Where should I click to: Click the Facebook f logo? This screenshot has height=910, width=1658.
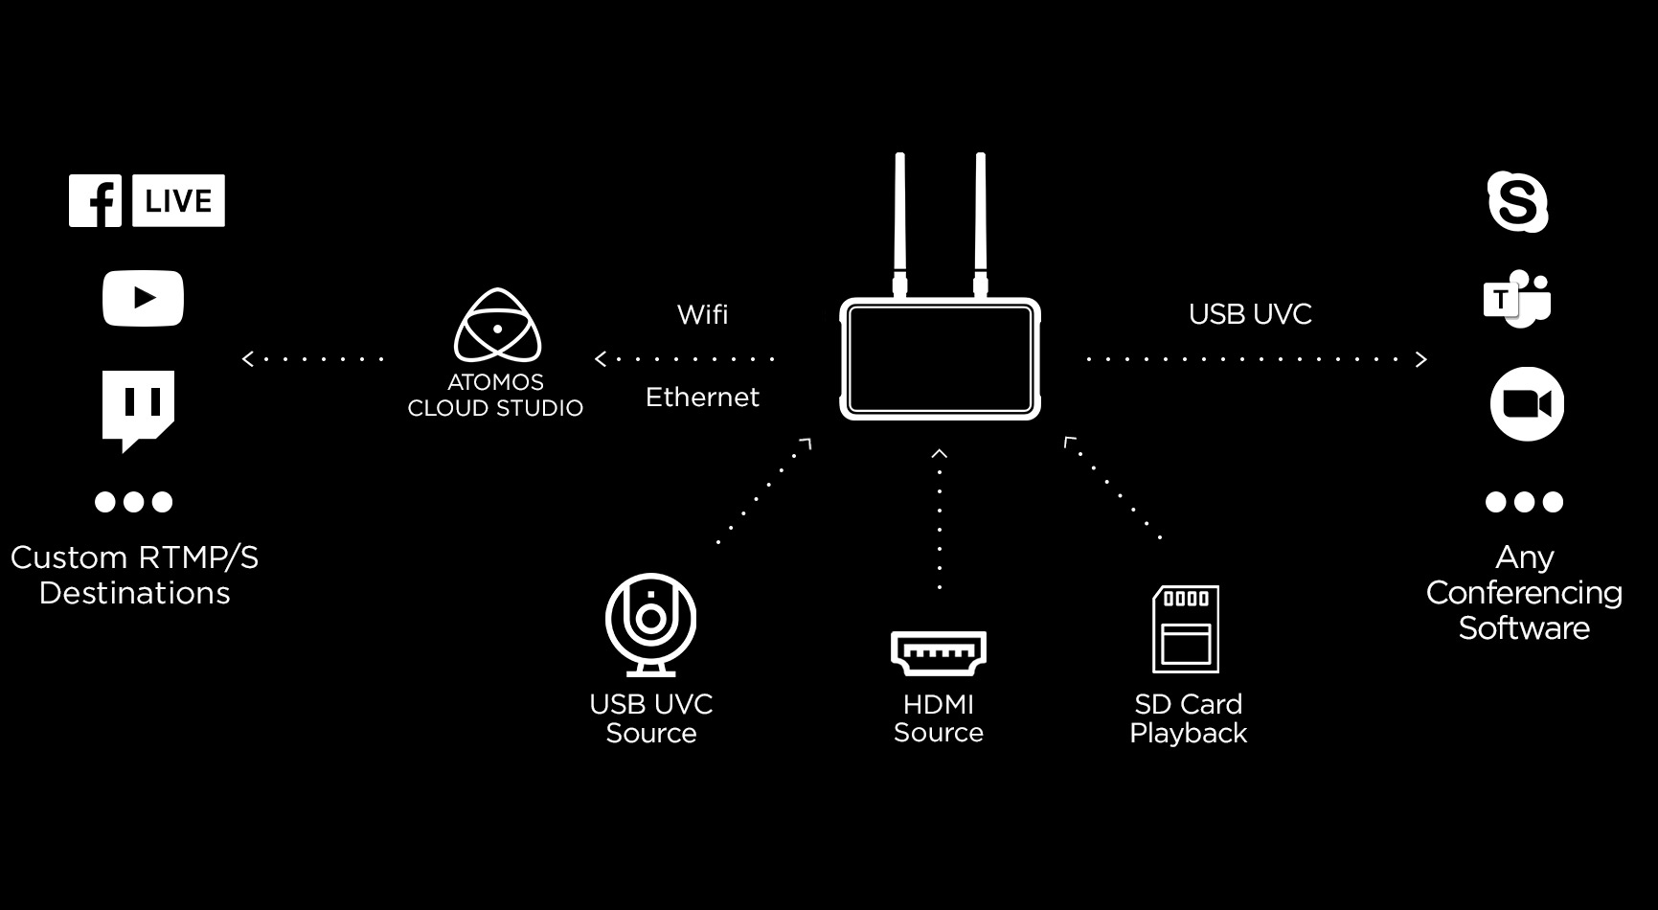tap(95, 200)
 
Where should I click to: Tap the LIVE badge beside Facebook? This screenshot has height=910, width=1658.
tap(178, 200)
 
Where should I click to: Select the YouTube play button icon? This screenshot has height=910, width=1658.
tap(143, 298)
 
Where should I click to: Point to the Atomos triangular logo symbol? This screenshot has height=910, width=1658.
tap(496, 327)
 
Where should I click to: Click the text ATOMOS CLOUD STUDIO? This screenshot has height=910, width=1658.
tap(495, 395)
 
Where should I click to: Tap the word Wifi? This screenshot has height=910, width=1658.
tap(702, 314)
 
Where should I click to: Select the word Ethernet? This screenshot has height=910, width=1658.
tap(702, 397)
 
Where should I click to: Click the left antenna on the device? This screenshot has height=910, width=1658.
tap(900, 220)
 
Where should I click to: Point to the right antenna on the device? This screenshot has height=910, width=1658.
tap(981, 220)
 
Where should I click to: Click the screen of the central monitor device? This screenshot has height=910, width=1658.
tap(940, 359)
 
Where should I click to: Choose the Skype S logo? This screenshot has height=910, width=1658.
tap(1517, 201)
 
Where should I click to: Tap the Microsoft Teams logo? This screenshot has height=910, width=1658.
tap(1517, 299)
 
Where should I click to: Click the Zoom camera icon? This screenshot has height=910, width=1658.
tap(1527, 403)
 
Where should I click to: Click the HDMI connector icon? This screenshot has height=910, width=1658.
tap(939, 652)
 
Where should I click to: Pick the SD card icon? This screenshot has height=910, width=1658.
tap(1186, 628)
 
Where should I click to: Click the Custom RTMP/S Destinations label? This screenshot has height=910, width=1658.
tap(134, 575)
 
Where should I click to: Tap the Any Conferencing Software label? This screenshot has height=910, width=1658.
tap(1524, 592)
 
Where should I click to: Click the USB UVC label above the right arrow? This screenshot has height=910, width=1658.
tap(1250, 314)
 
